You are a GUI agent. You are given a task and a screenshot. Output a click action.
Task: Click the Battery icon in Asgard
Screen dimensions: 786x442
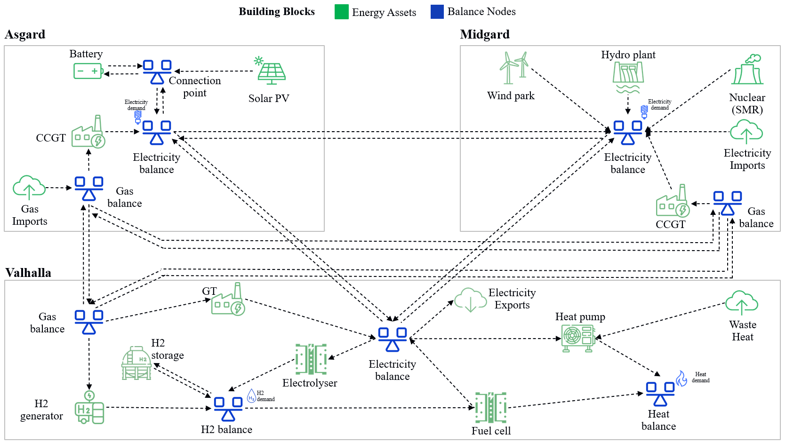[88, 71]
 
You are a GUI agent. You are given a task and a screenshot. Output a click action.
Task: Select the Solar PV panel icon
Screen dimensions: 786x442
[270, 71]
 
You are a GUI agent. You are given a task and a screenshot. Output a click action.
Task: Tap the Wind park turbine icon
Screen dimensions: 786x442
[513, 68]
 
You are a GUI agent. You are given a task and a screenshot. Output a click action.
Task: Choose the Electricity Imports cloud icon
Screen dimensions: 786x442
[746, 132]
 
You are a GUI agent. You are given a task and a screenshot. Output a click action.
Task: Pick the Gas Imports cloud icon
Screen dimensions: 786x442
[29, 188]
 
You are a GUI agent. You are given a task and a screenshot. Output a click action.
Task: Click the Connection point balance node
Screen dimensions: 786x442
[157, 72]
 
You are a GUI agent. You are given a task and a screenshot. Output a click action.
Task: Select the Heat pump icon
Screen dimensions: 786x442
[578, 338]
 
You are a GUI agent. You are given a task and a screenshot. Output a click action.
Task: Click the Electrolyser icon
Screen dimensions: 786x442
[311, 359]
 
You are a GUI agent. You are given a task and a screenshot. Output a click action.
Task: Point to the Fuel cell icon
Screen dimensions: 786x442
[490, 407]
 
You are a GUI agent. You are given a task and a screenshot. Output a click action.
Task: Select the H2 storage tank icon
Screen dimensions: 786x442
[136, 363]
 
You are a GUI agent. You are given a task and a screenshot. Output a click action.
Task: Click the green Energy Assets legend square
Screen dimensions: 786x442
[341, 12]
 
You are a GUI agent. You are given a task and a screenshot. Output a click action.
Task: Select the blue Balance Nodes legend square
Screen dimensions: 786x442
[437, 12]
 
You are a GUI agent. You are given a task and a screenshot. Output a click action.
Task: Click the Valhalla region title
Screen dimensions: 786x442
[28, 273]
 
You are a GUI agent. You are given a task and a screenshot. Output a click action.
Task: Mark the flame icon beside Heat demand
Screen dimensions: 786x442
[682, 379]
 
